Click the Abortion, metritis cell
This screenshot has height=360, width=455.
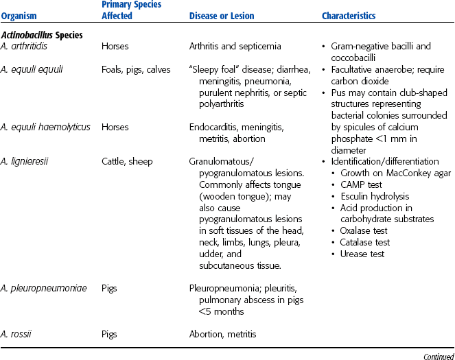point(222,335)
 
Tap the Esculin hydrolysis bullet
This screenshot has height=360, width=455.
point(374,196)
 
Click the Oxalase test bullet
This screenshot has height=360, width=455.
point(368,231)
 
